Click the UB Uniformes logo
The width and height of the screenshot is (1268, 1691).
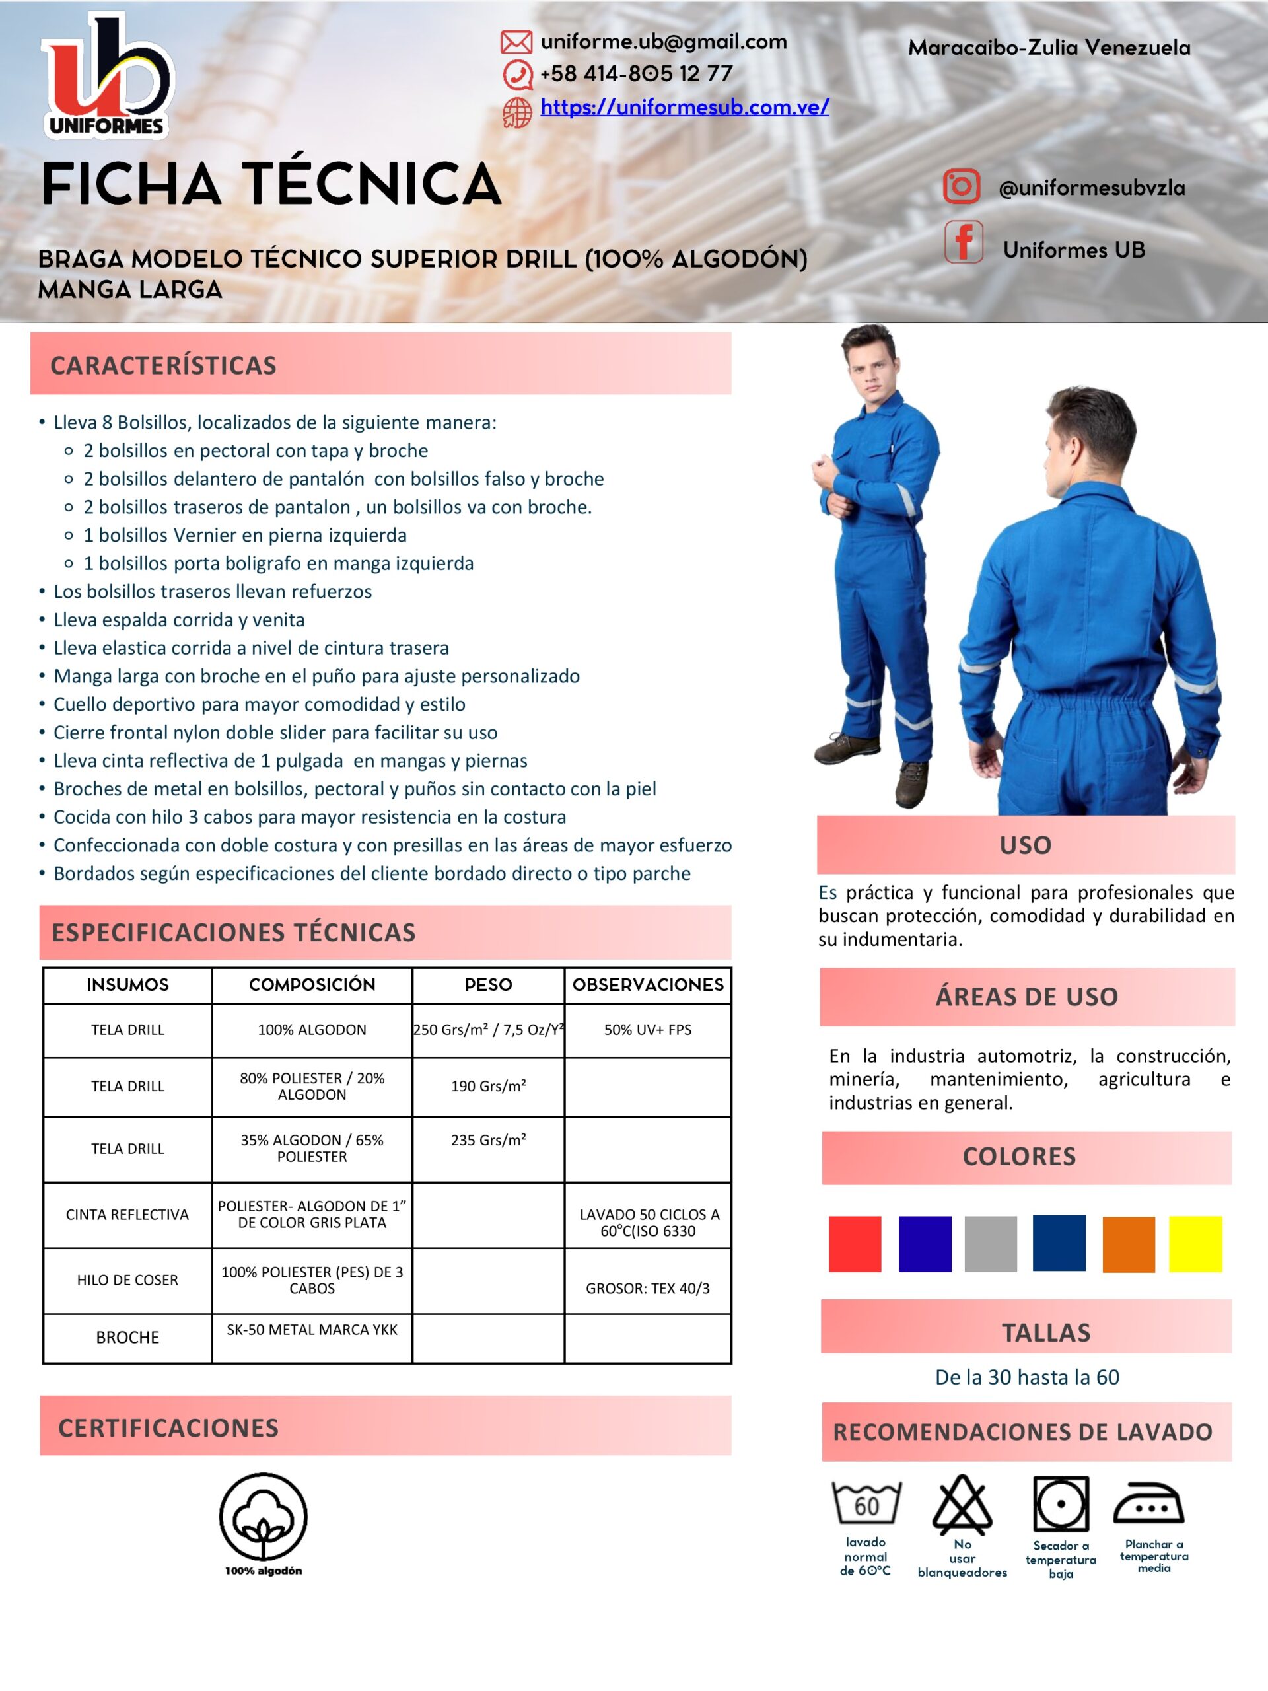point(107,77)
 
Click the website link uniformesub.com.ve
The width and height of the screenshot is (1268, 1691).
point(684,107)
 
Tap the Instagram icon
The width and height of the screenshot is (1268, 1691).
point(961,186)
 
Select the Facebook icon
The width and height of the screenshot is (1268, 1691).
point(963,242)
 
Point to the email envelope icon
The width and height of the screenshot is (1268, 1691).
point(516,42)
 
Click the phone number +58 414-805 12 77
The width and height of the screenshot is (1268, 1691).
point(636,74)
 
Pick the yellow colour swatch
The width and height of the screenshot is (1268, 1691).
point(1195,1244)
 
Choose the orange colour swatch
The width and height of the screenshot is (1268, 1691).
point(1128,1244)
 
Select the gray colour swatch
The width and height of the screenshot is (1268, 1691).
point(991,1244)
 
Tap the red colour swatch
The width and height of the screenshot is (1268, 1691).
point(855,1244)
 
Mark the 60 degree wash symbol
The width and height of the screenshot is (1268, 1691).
point(866,1503)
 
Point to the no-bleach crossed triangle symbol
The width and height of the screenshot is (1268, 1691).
point(962,1503)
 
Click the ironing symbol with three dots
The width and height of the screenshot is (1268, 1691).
point(1148,1503)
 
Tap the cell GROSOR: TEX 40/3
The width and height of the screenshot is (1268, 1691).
point(647,1288)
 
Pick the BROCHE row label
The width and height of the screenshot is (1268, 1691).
point(127,1337)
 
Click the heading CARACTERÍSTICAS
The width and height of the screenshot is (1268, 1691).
point(164,365)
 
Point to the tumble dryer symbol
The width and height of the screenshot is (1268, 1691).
point(1060,1503)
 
